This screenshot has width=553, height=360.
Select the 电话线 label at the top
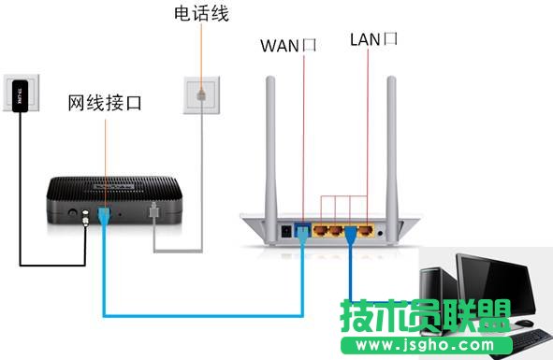click(201, 14)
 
